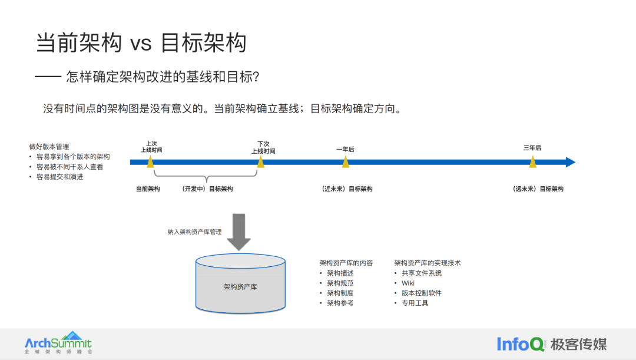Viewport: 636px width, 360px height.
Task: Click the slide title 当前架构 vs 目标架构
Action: pyautogui.click(x=141, y=43)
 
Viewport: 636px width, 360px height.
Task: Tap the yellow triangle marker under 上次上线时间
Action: pyautogui.click(x=151, y=162)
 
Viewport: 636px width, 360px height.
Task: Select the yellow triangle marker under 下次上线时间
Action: pyautogui.click(x=260, y=162)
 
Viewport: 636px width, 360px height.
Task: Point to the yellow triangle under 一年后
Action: pyautogui.click(x=345, y=162)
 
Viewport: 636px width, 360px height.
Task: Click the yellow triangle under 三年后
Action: pyautogui.click(x=532, y=162)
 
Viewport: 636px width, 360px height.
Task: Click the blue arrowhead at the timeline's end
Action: pyautogui.click(x=570, y=162)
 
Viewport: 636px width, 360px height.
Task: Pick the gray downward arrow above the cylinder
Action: pyautogui.click(x=238, y=231)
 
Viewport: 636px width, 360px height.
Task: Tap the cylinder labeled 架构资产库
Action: pyautogui.click(x=240, y=286)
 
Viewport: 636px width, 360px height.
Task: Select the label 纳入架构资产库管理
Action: pyautogui.click(x=194, y=232)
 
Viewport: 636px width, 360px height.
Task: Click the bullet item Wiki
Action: pyautogui.click(x=408, y=283)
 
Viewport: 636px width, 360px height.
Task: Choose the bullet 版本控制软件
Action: pyautogui.click(x=421, y=293)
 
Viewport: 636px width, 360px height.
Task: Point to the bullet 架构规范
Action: pyautogui.click(x=340, y=283)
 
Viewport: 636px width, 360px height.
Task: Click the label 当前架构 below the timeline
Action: pyautogui.click(x=148, y=189)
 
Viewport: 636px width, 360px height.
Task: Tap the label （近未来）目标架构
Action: pyautogui.click(x=347, y=189)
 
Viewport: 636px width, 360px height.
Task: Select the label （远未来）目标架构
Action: pyautogui.click(x=538, y=189)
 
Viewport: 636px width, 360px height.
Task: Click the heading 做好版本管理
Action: pyautogui.click(x=49, y=147)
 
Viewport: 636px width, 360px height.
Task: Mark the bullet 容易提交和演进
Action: pyautogui.click(x=59, y=177)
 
